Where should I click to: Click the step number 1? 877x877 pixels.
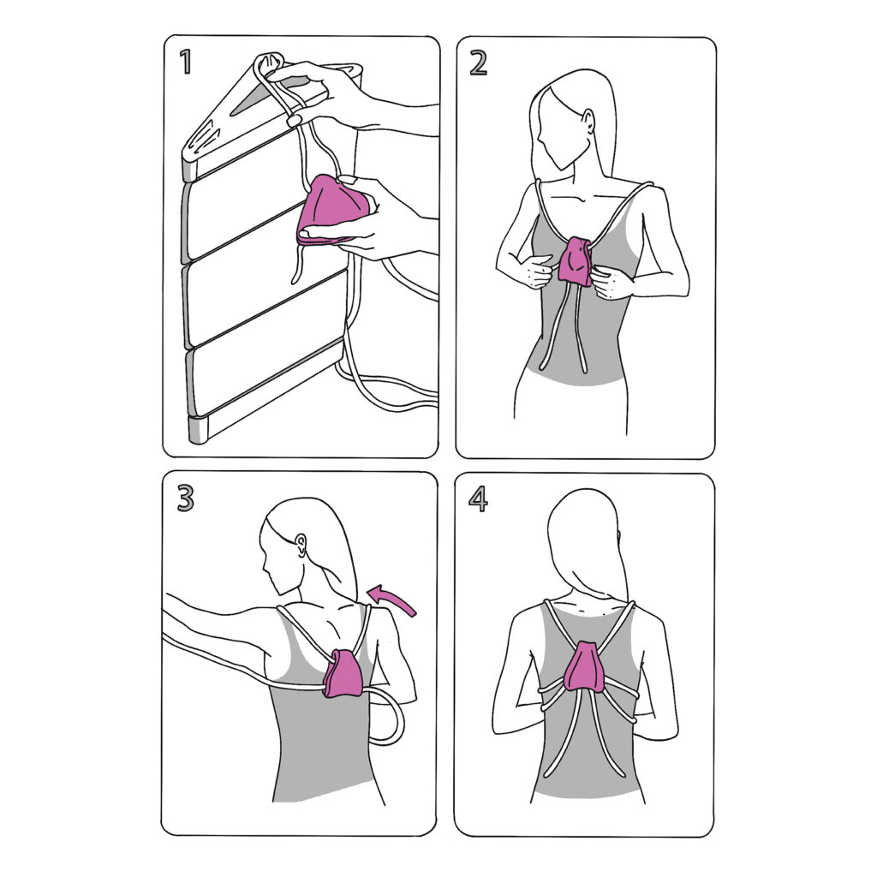186,62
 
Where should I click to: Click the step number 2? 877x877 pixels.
478,63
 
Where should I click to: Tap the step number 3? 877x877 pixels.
185,498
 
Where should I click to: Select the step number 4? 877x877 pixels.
478,499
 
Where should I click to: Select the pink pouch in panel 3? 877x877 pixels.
343,672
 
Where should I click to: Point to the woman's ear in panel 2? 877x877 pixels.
588,122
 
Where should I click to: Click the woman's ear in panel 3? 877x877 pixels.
301,544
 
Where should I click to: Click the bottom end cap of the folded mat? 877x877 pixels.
198,430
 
